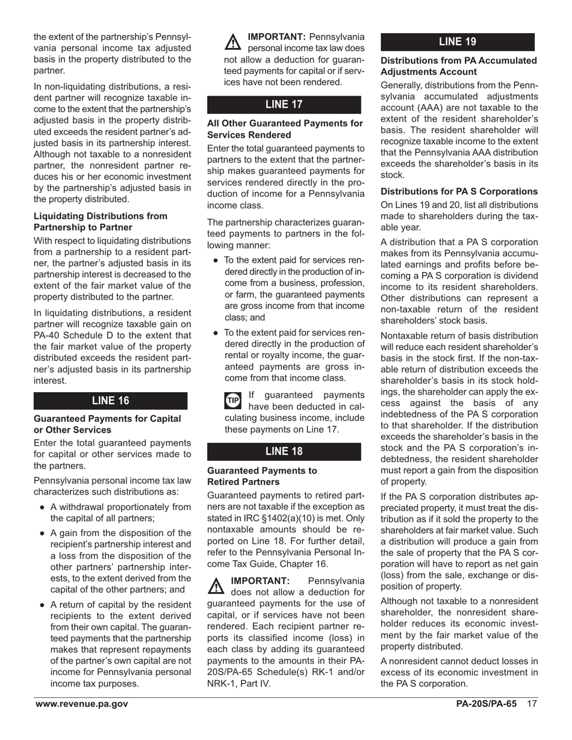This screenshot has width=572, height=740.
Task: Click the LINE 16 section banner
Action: click(110, 401)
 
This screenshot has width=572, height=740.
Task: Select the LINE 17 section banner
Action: click(284, 105)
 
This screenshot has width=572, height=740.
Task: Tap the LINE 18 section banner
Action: click(284, 452)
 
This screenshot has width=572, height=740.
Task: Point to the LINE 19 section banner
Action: click(458, 42)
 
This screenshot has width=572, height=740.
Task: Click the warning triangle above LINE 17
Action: click(231, 42)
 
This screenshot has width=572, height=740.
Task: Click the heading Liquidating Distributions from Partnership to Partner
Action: click(101, 221)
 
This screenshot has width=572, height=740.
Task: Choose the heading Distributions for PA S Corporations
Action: click(459, 191)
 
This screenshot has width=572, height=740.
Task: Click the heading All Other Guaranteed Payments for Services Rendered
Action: click(285, 129)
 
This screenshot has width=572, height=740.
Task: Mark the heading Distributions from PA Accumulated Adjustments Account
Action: click(459, 66)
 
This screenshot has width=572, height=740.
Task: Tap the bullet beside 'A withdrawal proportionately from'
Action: click(42, 507)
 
